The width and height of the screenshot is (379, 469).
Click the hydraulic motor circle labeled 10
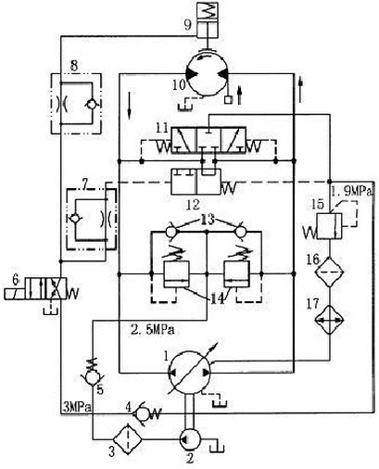pos(207,73)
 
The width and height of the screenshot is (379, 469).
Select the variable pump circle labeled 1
pos(189,373)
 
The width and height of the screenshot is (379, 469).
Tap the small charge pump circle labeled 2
pos(190,438)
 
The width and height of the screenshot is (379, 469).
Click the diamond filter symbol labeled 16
pos(329,272)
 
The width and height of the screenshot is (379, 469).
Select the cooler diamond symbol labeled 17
pos(329,320)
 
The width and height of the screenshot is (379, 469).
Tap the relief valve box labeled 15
pos(329,226)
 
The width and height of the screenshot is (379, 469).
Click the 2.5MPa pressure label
pos(153,330)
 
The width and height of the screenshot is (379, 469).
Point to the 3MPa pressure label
pos(77,407)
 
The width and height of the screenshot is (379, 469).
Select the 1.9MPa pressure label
pos(352,192)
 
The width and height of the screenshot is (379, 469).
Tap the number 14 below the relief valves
pos(218,299)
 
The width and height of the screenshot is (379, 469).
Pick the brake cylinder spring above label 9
pos(208,10)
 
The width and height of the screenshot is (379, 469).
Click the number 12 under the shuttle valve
pos(193,204)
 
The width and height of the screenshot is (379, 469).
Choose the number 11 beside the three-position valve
pos(161,128)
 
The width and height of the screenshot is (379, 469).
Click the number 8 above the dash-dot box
pos(74,66)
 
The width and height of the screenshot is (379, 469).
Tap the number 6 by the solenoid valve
pos(16,280)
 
